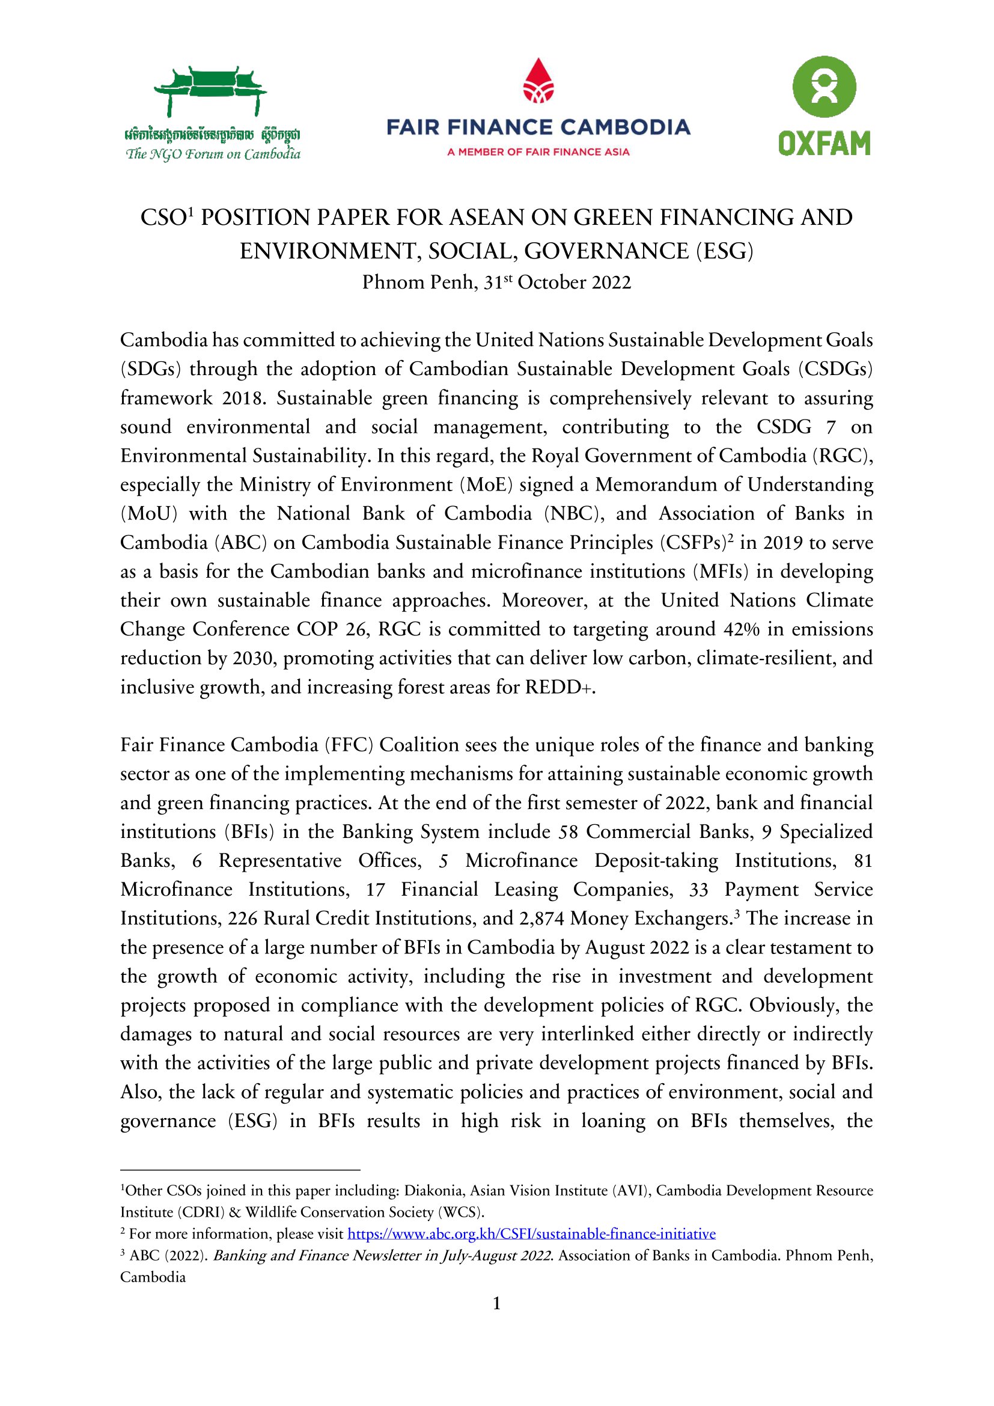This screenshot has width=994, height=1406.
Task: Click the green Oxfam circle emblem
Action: click(824, 87)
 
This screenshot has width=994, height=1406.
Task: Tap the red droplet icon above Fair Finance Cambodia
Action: click(538, 81)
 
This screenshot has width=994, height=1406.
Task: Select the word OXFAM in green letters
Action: click(824, 143)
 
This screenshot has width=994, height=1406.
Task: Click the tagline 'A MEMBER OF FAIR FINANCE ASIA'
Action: click(538, 152)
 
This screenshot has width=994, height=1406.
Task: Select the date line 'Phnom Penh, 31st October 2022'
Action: click(496, 283)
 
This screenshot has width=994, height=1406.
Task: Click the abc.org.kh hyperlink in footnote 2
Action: click(531, 1233)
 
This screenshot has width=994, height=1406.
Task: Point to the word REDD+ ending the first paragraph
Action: click(560, 688)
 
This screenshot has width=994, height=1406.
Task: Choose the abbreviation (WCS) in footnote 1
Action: click(460, 1212)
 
